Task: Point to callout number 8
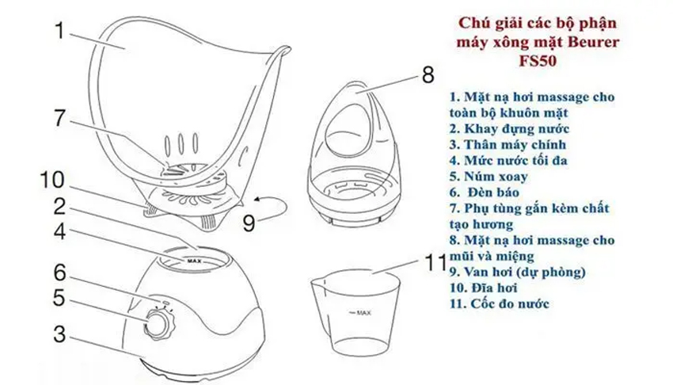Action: pyautogui.click(x=428, y=75)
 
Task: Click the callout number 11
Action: pyautogui.click(x=434, y=263)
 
